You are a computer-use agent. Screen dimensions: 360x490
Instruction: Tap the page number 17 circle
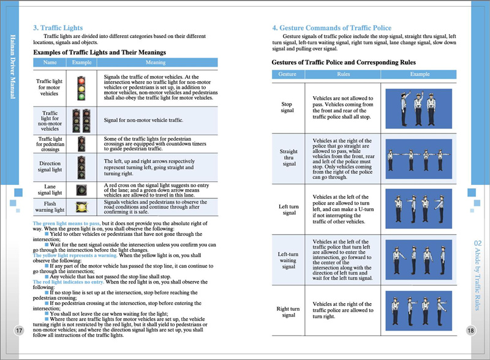[19, 331]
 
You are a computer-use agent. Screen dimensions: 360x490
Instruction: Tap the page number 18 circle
[470, 331]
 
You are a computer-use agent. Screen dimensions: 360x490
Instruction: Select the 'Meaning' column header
[155, 62]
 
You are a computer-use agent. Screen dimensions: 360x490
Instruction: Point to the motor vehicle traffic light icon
[81, 88]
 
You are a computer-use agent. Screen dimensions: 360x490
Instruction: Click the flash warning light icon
[81, 206]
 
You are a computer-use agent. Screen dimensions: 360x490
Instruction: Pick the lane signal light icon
[81, 189]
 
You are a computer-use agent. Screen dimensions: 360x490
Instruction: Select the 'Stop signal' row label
[287, 107]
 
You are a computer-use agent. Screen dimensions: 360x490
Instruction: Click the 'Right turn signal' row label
[287, 311]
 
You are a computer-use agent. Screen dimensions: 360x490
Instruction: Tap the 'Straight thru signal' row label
[287, 157]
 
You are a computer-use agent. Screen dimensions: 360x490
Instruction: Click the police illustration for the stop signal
[420, 107]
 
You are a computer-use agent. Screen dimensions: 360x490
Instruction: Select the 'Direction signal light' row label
[50, 167]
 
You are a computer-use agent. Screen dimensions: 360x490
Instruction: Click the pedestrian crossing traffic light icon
[81, 144]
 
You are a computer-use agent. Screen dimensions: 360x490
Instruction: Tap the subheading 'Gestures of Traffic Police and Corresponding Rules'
[344, 62]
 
